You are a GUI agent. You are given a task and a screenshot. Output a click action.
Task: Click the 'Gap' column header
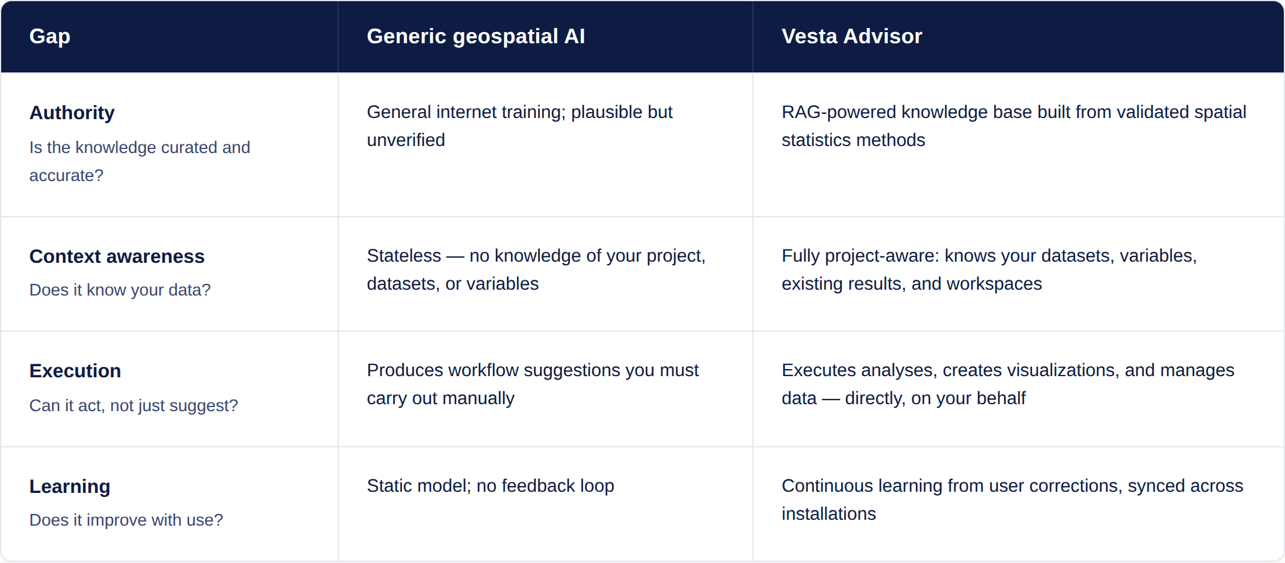click(x=50, y=36)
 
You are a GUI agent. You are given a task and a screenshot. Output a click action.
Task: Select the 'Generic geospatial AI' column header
click(x=475, y=36)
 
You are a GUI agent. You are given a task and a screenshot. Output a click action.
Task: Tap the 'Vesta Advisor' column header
click(x=852, y=36)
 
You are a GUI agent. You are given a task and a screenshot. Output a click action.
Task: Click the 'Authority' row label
click(x=72, y=113)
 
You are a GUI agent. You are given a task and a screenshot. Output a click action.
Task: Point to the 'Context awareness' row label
click(x=117, y=256)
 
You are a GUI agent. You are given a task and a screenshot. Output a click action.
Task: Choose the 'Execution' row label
click(x=75, y=371)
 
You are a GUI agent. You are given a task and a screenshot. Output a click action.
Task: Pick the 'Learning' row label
click(x=70, y=486)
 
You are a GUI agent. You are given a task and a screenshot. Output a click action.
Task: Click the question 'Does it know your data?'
click(x=120, y=290)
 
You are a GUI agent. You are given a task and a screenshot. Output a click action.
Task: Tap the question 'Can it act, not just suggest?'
click(x=134, y=405)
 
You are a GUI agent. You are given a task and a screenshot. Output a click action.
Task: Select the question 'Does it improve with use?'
click(x=126, y=520)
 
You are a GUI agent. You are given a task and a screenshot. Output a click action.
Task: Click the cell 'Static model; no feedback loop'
click(x=491, y=486)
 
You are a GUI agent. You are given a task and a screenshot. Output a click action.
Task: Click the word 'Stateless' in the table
click(x=404, y=256)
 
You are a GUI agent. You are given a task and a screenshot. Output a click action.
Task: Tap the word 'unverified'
click(x=406, y=140)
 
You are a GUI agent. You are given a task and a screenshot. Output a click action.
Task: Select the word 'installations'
click(x=829, y=514)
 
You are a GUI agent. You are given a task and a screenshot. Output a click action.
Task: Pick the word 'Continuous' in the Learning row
click(x=827, y=486)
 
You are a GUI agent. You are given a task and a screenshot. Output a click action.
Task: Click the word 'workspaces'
click(x=994, y=284)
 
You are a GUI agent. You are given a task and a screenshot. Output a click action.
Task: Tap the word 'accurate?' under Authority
click(x=66, y=175)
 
